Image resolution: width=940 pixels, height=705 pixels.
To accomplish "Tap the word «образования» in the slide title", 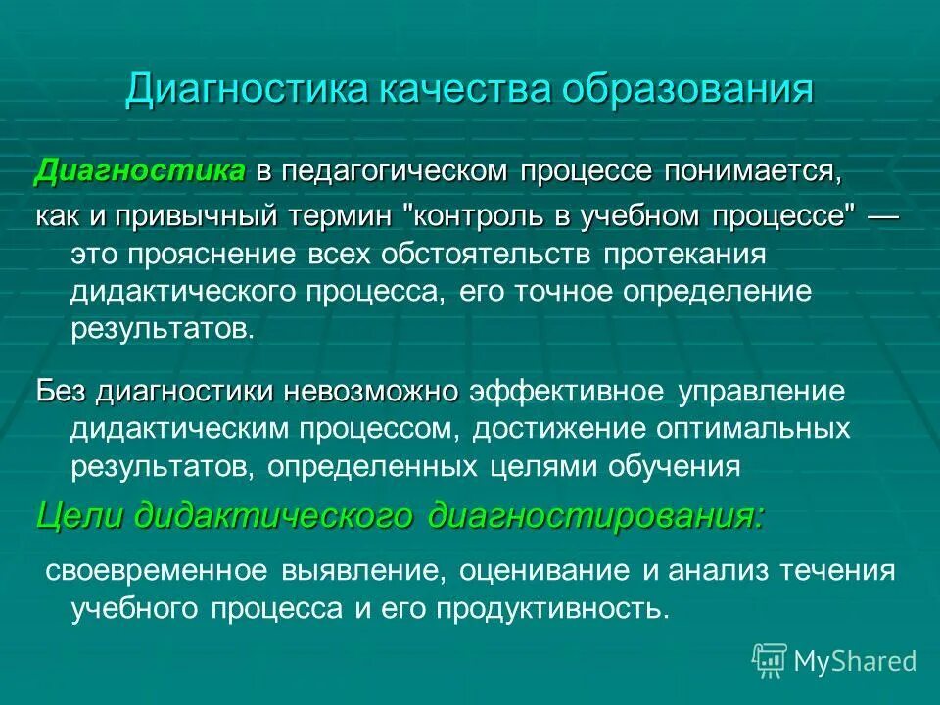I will click(x=688, y=89).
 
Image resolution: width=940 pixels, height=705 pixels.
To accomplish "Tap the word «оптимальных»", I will click(x=751, y=429).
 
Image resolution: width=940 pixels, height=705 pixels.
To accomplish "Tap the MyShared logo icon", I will click(x=770, y=659).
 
